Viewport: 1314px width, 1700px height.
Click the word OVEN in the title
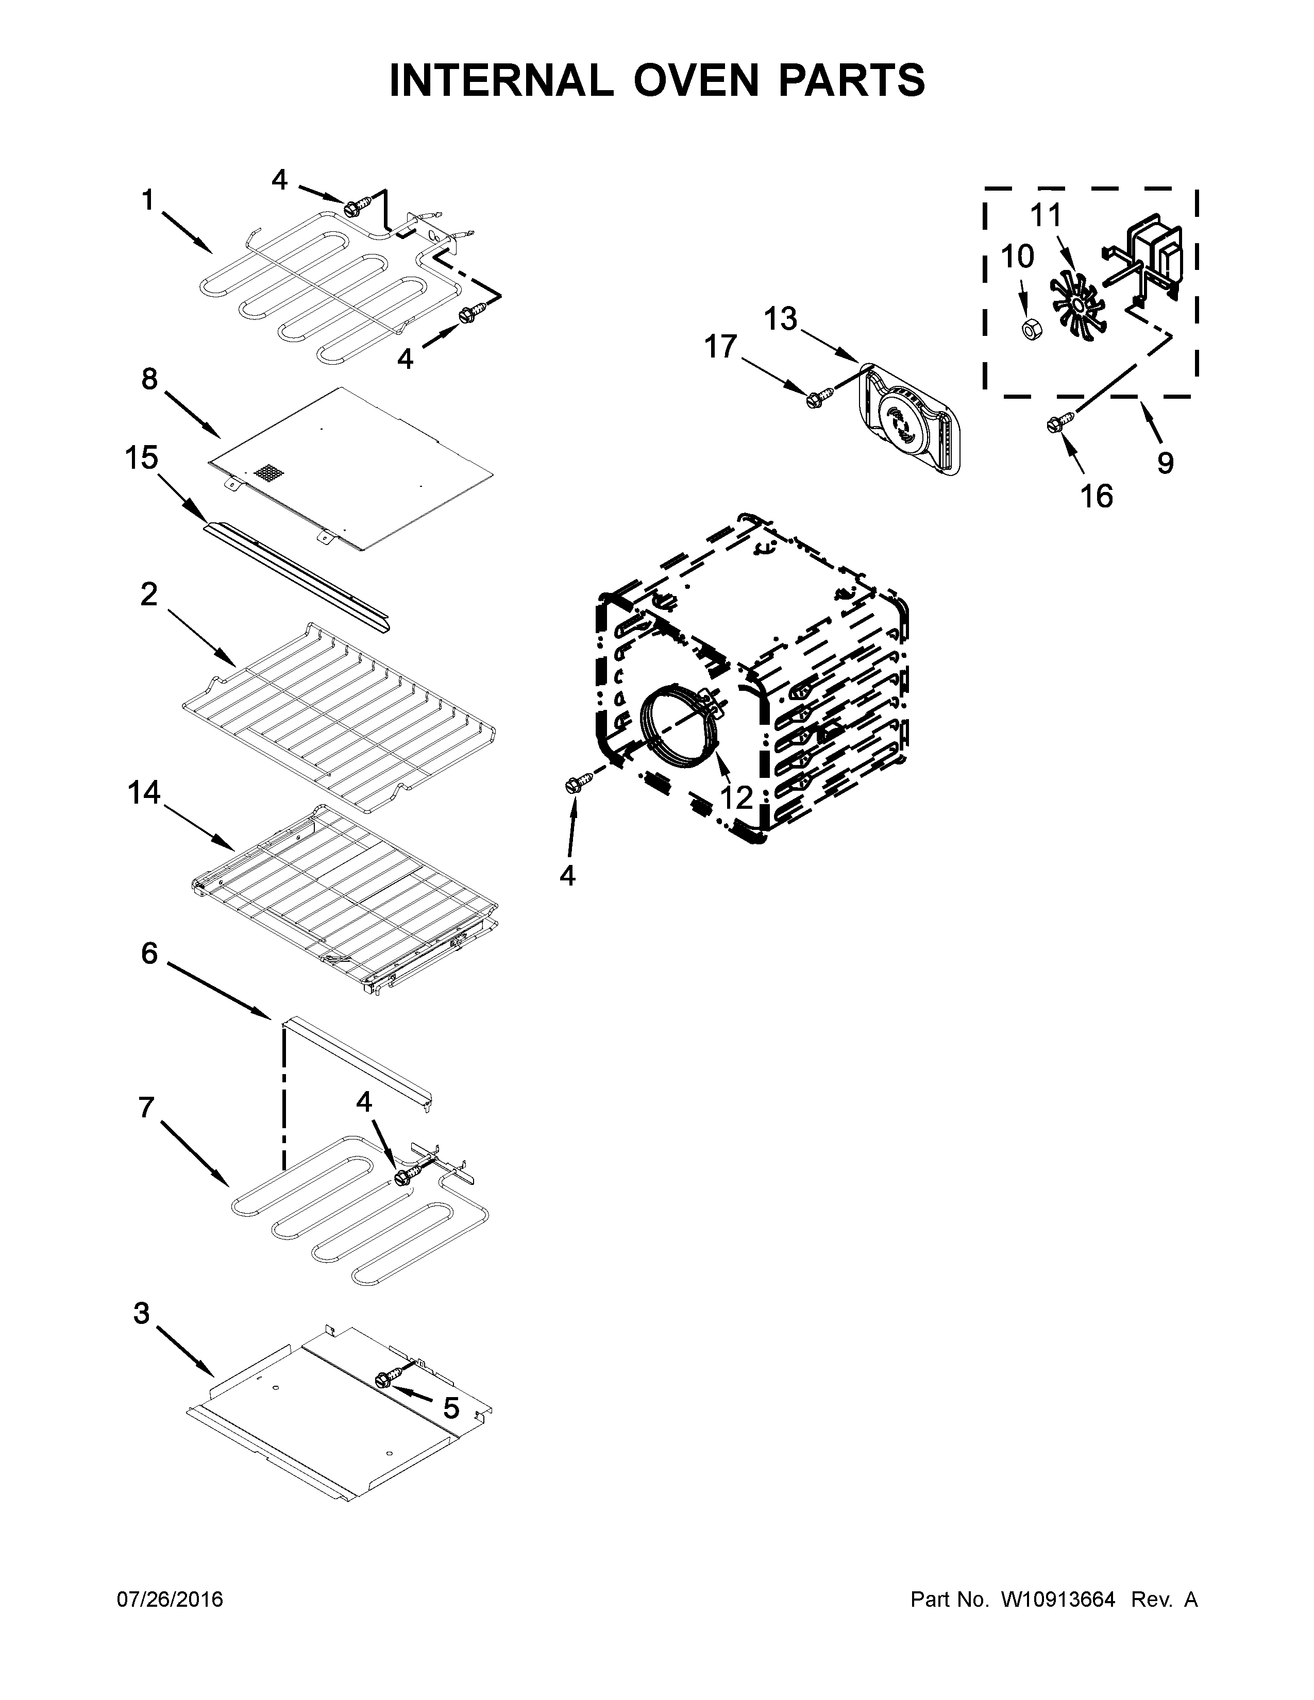click(695, 81)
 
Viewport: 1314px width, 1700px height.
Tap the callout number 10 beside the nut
click(1017, 256)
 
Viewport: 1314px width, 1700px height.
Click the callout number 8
click(149, 379)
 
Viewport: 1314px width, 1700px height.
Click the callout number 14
click(144, 793)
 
